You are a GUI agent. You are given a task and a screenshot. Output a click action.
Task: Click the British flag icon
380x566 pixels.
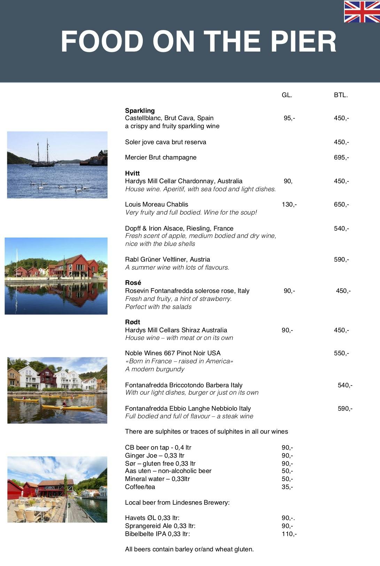coord(362,11)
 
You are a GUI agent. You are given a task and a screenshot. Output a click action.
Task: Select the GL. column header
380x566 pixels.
coord(287,95)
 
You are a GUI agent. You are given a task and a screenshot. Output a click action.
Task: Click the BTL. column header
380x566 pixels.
coord(341,95)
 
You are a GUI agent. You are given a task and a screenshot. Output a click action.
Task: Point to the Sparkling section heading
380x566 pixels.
coord(140,111)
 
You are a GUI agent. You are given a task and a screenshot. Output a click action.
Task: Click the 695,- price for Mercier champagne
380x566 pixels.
coord(341,157)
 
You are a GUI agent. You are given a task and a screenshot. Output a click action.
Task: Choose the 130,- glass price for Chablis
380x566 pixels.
coord(289,204)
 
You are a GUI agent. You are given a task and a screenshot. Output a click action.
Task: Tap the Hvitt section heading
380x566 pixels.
coord(132,173)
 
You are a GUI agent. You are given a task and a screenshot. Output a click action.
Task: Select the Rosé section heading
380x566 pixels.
coord(133,283)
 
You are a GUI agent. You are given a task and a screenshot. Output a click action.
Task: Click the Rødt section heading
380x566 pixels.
coord(132,322)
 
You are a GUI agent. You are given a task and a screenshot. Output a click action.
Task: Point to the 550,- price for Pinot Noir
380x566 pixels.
coord(341,353)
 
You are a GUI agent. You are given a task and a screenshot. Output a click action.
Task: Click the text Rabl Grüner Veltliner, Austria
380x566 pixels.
coord(168,259)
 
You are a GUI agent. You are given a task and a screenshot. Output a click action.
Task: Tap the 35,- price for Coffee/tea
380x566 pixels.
coord(287,487)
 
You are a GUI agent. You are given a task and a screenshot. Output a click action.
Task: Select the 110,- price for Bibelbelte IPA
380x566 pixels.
coord(289,534)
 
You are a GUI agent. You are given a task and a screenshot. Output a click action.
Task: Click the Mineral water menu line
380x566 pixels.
coord(157,479)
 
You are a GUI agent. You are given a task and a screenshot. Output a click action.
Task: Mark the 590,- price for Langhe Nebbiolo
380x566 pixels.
coord(345,409)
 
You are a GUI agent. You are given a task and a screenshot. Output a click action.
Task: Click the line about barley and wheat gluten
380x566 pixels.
coord(189,549)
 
